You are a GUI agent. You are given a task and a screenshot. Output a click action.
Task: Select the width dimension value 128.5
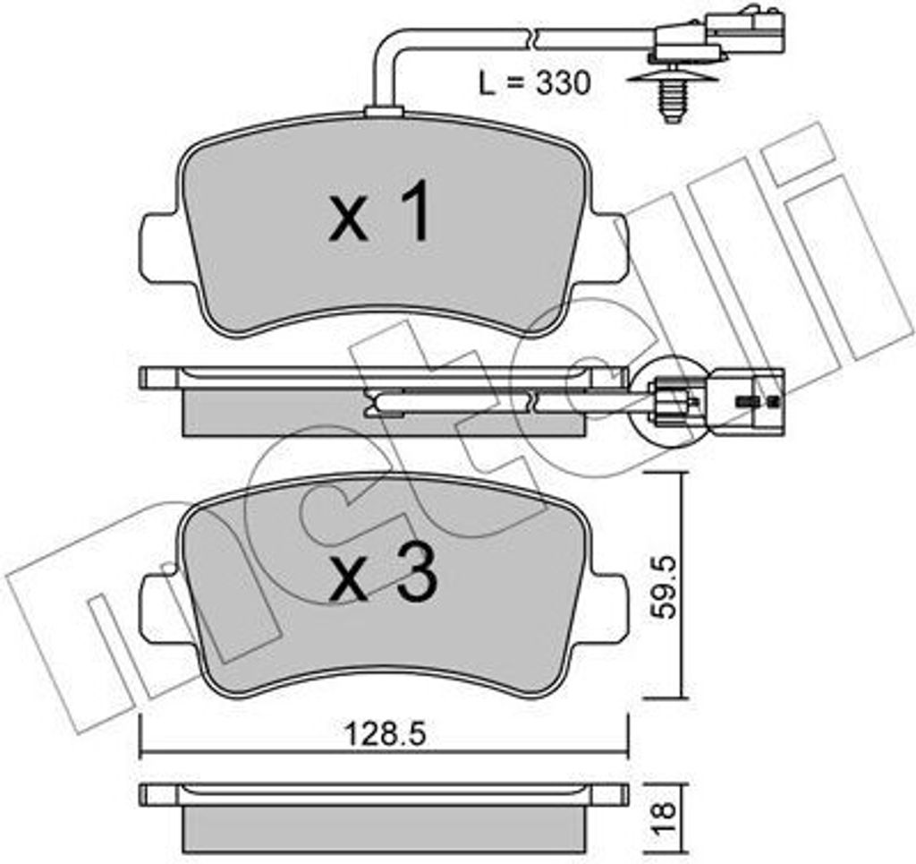[385, 731]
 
